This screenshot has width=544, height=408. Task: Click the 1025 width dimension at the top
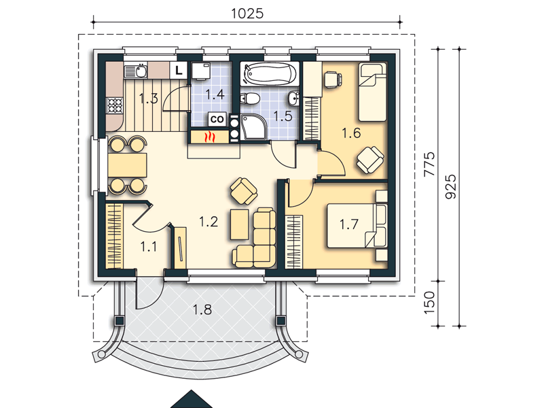click(247, 14)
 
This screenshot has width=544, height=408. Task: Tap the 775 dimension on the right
click(429, 164)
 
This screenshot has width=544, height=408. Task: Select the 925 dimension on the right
click(451, 186)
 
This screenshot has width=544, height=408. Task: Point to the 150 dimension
click(429, 303)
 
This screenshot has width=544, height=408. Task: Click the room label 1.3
click(149, 99)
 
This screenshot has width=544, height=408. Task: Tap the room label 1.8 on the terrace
click(202, 309)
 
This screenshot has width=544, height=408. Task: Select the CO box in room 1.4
click(217, 119)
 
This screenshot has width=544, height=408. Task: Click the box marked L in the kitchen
click(179, 71)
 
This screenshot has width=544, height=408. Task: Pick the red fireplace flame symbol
click(210, 137)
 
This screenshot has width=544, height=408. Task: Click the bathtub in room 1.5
click(270, 73)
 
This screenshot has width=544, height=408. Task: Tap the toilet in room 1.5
click(251, 99)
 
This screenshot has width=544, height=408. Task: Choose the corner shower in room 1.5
click(253, 127)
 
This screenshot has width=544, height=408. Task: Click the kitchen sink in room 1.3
click(136, 71)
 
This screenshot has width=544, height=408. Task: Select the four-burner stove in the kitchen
click(115, 105)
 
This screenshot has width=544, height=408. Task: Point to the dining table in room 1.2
click(127, 165)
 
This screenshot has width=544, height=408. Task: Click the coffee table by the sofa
click(239, 224)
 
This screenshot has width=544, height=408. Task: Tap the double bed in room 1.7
click(357, 225)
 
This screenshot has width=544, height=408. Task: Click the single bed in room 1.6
click(372, 92)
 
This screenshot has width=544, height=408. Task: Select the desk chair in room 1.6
click(333, 79)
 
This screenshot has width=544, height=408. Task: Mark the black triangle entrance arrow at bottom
click(191, 400)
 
